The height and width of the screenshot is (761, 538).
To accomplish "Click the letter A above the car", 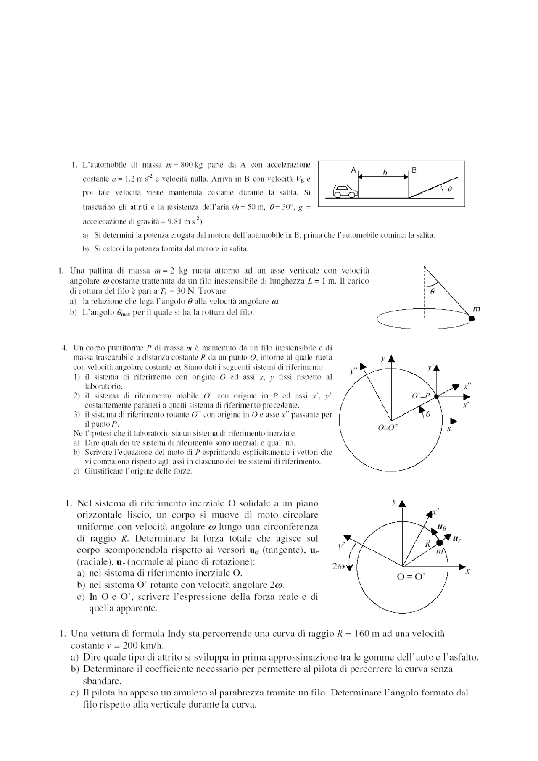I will (x=353, y=170).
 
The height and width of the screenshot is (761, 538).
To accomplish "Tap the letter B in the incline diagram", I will (x=414, y=170).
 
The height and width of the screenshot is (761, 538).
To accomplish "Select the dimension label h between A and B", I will (x=385, y=173).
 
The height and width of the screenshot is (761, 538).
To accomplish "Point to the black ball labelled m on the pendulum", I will (x=472, y=319).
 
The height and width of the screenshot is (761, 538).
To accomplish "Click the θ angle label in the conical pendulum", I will (x=433, y=290).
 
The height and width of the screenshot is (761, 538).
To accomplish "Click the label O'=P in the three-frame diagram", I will (x=422, y=395).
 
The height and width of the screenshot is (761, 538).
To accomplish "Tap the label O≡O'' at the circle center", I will (x=388, y=428).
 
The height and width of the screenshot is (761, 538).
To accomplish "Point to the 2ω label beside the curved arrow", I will (x=338, y=566).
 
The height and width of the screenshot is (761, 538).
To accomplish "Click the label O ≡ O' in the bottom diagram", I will (x=411, y=577).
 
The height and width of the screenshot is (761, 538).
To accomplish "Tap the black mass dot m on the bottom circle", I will (x=440, y=543).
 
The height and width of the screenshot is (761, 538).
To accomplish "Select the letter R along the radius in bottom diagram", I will (x=427, y=543).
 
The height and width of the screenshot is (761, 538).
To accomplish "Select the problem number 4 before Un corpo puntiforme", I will (x=64, y=348).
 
